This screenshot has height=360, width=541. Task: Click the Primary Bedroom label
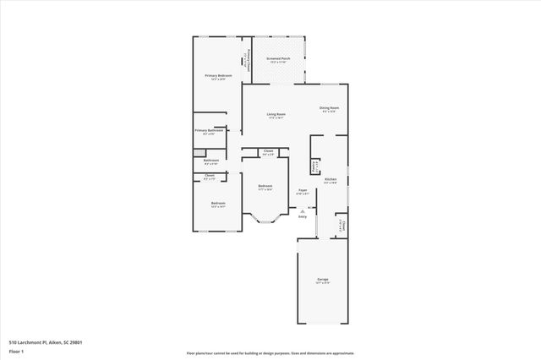click(x=218, y=76)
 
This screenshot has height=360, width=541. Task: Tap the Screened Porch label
click(x=279, y=59)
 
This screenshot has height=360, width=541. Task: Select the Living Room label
click(x=276, y=114)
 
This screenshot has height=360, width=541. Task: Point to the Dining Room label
click(x=329, y=107)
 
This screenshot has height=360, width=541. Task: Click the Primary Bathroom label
click(x=209, y=131)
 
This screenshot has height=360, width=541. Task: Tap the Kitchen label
click(x=331, y=180)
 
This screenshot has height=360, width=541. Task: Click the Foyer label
click(x=303, y=190)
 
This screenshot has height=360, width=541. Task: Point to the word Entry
click(x=302, y=216)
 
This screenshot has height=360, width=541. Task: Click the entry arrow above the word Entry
click(x=302, y=210)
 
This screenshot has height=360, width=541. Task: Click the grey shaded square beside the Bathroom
click(x=199, y=153)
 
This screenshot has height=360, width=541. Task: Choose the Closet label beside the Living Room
click(x=267, y=154)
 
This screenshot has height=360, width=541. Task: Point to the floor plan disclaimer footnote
click(x=270, y=353)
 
